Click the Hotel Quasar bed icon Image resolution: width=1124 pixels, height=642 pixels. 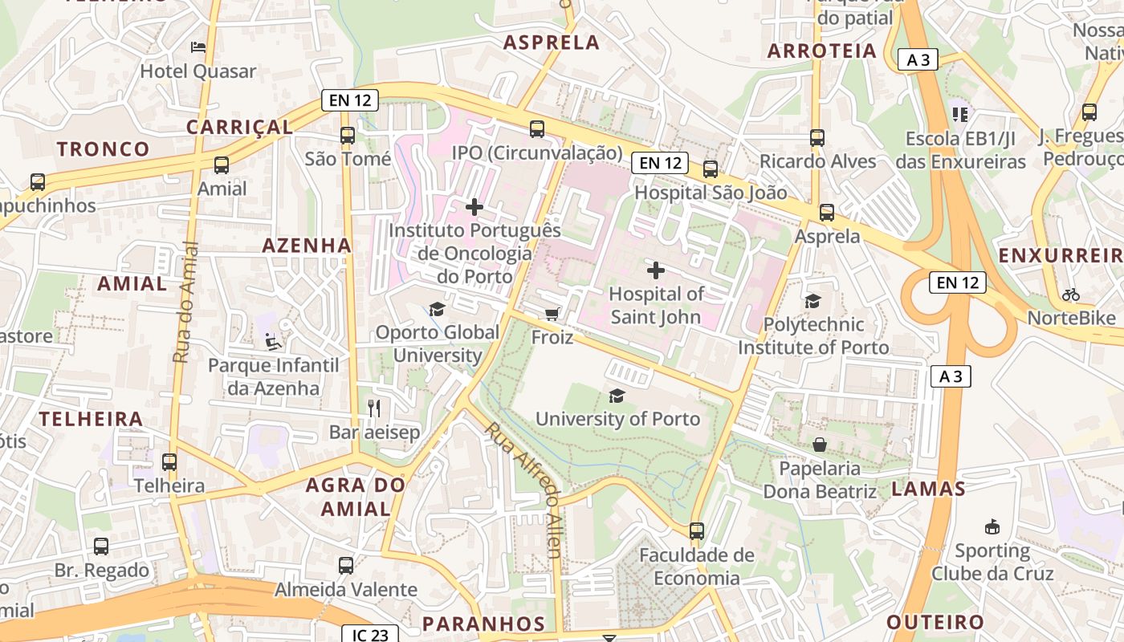(198, 47)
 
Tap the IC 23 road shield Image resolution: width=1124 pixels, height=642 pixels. (370, 635)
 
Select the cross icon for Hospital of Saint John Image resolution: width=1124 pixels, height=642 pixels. (656, 270)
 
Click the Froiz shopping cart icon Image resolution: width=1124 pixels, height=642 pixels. (552, 313)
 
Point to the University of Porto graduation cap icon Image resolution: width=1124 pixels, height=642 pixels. (617, 395)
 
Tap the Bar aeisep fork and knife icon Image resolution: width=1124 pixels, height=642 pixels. (373, 408)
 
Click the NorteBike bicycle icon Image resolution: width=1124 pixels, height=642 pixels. (1070, 295)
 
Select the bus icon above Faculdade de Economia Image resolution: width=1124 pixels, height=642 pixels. (697, 530)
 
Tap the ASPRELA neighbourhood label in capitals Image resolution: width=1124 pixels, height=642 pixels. (552, 43)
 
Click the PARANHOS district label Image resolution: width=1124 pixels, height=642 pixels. (483, 624)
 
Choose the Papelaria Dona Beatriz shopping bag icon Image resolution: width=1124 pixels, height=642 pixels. (820, 444)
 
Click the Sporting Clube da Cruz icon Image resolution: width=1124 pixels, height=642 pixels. (992, 527)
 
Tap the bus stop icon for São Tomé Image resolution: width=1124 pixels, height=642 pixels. (348, 136)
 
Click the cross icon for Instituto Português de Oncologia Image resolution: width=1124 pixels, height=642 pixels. (474, 207)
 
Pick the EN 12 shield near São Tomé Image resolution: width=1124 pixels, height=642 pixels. (349, 100)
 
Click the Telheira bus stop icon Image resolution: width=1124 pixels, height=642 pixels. (169, 462)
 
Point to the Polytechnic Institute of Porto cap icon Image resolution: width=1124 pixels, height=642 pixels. (813, 301)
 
